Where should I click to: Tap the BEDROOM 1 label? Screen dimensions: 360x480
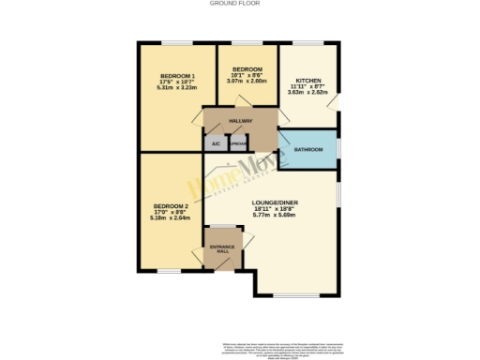(x=176, y=75)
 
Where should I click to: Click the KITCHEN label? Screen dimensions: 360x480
(x=307, y=81)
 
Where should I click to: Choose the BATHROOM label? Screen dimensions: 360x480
(x=308, y=150)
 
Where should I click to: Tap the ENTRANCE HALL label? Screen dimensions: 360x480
(x=223, y=250)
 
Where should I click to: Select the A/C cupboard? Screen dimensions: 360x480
(x=215, y=143)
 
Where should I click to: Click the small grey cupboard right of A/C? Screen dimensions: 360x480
(x=238, y=143)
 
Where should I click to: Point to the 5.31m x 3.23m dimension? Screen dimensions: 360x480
(x=176, y=87)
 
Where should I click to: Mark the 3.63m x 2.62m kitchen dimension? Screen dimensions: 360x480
(x=307, y=93)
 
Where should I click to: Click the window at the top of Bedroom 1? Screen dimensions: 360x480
(x=176, y=43)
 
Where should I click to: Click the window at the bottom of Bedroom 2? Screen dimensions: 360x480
(x=169, y=272)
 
